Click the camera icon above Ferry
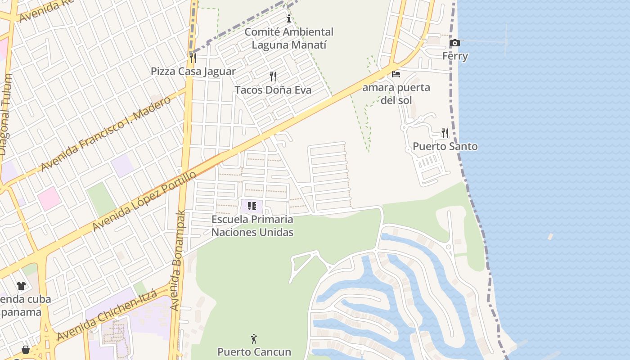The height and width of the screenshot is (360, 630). coord(455,43)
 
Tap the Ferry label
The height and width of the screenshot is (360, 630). coord(455,56)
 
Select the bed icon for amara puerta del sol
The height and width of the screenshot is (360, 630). coord(396,74)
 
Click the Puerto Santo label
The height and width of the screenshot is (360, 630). coord(445,147)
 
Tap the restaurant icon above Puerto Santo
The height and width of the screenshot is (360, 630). coord(445,133)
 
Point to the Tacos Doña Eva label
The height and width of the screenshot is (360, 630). coord(273,90)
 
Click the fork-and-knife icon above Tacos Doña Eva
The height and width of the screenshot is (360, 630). coord(273,76)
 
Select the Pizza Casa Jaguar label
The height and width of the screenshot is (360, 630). coord(193,72)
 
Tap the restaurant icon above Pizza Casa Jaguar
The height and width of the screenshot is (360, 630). coord(193,58)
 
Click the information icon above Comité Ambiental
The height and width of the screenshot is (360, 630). coord(289,19)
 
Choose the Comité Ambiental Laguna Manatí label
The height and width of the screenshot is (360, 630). coord(289,39)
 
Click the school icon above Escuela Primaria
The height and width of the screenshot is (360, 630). coord(252,206)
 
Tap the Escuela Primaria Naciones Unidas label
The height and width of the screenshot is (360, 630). coord(252,226)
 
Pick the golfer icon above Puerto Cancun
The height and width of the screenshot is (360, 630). coord(254,339)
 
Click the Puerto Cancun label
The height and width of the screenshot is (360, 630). coord(254,352)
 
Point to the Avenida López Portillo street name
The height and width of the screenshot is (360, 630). coord(144,201)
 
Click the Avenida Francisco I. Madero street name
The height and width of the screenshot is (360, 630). coord(106,134)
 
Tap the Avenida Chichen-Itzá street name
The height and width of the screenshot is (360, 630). coord(107,315)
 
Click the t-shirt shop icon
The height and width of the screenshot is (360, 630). coord(21,285)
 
